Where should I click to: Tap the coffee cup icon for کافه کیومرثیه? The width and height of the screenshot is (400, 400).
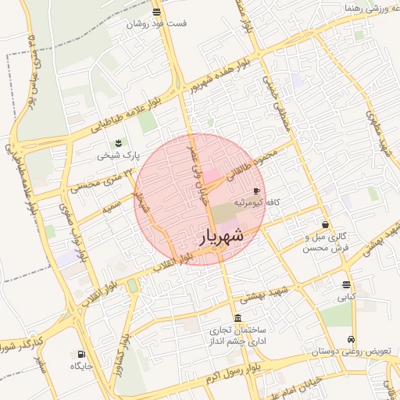coord(257,191)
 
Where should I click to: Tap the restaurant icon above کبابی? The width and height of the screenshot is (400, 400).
coord(346,284)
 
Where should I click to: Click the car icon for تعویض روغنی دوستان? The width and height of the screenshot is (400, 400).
coord(352,340)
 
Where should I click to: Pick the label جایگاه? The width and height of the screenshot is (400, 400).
coord(82,366)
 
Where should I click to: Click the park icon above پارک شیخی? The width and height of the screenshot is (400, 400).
coord(118,143)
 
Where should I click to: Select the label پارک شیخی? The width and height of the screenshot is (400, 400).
coord(117,155)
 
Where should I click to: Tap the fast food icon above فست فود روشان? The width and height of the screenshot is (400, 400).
coord(157,12)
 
